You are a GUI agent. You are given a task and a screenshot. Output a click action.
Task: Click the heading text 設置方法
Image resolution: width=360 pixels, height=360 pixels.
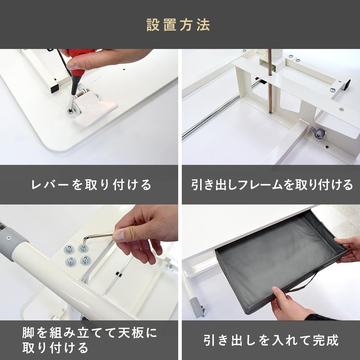(x=178, y=26)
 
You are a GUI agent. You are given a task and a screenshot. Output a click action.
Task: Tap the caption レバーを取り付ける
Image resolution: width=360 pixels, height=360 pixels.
(x=91, y=185)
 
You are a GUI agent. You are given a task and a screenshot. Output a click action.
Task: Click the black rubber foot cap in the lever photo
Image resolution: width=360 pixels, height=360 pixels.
(x=54, y=87)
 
